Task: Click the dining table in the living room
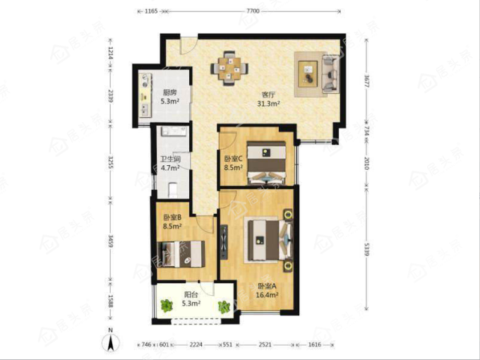click(x=229, y=68)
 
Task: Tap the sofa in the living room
click(x=330, y=74)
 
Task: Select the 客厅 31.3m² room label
click(x=268, y=100)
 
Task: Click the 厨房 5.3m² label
click(x=170, y=97)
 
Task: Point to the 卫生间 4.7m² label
click(x=171, y=164)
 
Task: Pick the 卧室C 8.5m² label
click(x=233, y=163)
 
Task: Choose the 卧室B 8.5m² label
click(x=172, y=222)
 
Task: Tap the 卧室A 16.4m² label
click(x=268, y=291)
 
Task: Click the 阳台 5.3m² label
click(x=191, y=299)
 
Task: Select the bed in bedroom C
click(x=266, y=162)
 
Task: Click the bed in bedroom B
click(x=181, y=254)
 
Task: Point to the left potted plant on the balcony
click(x=167, y=306)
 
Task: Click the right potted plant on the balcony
click(x=224, y=307)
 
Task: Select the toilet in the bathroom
click(x=173, y=189)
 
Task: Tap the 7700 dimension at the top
click(x=253, y=11)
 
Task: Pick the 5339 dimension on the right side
click(x=367, y=249)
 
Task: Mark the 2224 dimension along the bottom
click(x=196, y=344)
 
